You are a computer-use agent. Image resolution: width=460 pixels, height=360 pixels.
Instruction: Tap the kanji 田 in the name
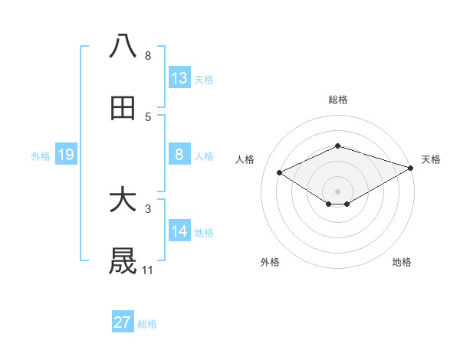123,109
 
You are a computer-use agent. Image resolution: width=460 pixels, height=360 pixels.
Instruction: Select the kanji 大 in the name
123,201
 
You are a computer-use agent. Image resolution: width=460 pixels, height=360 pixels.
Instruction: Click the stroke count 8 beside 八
147,56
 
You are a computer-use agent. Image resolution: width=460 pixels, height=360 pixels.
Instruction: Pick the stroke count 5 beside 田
147,117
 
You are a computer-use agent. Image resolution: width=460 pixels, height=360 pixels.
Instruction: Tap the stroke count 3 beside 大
147,208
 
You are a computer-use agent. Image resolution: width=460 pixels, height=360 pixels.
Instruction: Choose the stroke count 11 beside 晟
147,270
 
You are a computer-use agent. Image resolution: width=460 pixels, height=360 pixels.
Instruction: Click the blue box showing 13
179,78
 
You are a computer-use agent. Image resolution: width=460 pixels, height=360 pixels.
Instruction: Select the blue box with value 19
65,155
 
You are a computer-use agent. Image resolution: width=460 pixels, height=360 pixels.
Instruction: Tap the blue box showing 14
179,231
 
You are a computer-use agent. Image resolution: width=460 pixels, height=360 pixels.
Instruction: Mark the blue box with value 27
123,322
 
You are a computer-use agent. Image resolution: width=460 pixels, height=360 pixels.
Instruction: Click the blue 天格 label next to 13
204,80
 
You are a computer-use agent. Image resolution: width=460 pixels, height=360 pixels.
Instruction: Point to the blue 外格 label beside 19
41,156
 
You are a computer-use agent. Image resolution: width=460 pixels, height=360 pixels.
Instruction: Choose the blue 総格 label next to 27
147,324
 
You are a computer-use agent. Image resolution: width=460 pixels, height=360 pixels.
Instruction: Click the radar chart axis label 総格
337,100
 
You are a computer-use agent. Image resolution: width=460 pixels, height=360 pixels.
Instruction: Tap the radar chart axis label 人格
245,159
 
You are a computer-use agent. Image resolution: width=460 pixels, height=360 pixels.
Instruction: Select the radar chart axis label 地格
402,263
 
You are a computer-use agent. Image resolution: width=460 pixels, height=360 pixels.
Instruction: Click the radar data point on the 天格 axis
412,168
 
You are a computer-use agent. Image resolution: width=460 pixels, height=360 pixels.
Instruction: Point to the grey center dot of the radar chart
337,191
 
